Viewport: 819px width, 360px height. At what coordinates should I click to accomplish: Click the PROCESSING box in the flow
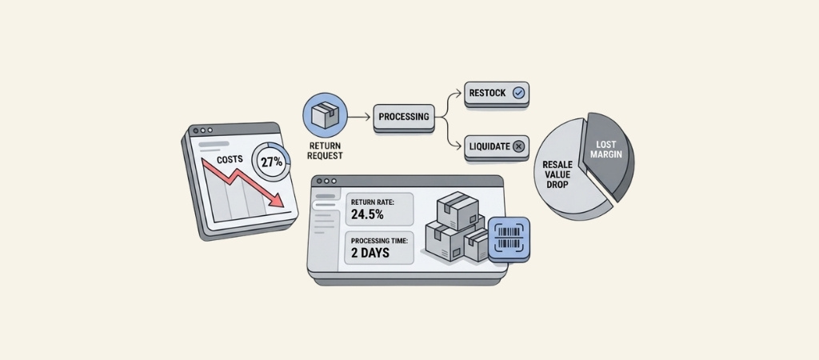pyautogui.click(x=404, y=117)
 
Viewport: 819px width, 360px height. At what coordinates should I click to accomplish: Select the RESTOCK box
pyautogui.click(x=496, y=93)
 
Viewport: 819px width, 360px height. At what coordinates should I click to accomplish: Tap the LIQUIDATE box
pyautogui.click(x=496, y=146)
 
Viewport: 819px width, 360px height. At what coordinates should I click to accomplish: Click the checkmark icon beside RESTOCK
pyautogui.click(x=519, y=93)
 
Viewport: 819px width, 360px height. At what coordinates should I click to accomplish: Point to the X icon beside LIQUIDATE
pyautogui.click(x=518, y=146)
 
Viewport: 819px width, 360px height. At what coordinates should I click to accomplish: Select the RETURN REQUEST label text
pyautogui.click(x=325, y=150)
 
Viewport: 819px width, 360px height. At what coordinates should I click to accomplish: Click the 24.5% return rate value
pyautogui.click(x=367, y=214)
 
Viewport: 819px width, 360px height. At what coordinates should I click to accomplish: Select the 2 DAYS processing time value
pyautogui.click(x=370, y=253)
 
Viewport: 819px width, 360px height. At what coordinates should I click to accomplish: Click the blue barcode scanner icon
pyautogui.click(x=509, y=238)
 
